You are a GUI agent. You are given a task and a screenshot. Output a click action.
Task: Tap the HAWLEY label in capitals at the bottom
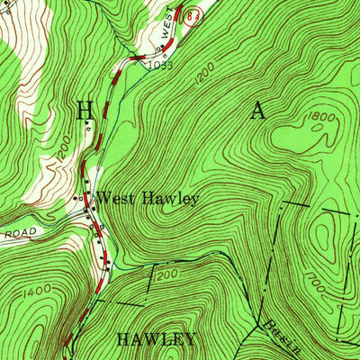click(157, 339)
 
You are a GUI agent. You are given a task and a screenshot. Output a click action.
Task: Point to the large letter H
click(85, 110)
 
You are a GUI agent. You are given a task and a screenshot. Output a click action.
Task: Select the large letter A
click(258, 111)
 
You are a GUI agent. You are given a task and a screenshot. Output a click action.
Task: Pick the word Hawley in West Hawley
click(169, 198)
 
